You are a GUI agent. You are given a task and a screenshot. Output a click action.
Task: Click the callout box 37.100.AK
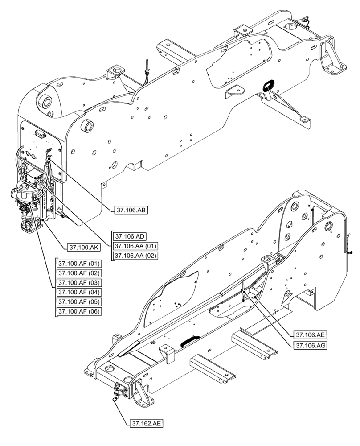pyautogui.click(x=84, y=247)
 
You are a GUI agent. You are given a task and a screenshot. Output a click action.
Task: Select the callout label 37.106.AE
pyautogui.click(x=310, y=334)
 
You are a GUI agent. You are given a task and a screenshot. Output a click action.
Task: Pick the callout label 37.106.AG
pyautogui.click(x=310, y=344)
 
